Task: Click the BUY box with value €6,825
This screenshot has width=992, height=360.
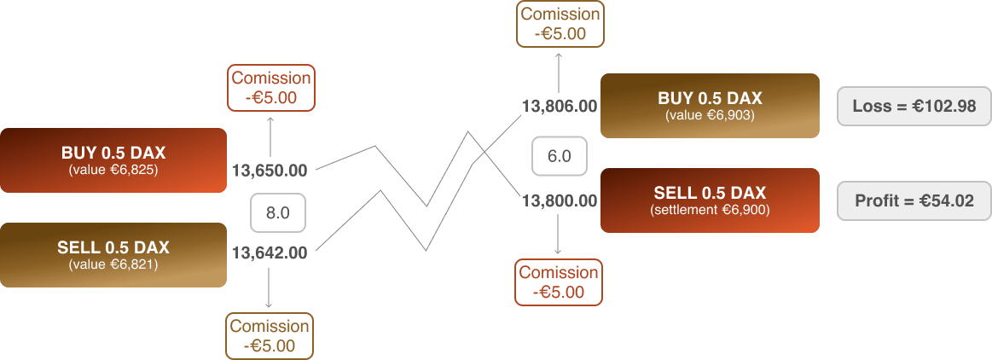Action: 113,160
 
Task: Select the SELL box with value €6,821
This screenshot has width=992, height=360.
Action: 113,255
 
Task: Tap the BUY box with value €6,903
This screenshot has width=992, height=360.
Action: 710,106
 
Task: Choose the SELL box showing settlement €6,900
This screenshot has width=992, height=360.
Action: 710,200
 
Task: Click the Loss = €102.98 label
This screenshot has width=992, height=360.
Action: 914,107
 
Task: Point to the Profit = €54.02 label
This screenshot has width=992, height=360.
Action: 914,201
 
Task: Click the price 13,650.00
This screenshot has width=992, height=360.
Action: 270,171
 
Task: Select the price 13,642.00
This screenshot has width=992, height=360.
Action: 270,253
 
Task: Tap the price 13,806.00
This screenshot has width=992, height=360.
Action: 559,107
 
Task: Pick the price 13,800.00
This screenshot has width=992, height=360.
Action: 559,201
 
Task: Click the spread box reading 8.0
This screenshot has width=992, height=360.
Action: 277,213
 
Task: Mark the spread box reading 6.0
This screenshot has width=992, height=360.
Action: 559,156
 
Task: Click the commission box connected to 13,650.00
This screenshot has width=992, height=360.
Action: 271,88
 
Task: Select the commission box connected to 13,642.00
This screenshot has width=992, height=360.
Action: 270,335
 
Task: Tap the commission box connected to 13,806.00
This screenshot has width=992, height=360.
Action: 560,24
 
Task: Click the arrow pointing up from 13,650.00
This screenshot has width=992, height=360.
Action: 270,136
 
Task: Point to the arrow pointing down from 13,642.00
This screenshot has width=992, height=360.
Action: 270,288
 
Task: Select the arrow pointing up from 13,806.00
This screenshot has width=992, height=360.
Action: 559,72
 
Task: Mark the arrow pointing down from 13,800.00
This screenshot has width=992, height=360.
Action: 559,235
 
